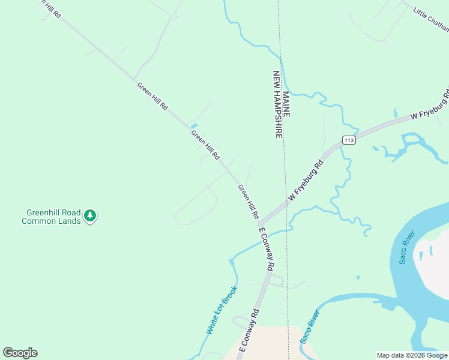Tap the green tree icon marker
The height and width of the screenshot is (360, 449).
[x=90, y=215]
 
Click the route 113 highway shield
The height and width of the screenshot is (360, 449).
[x=349, y=140]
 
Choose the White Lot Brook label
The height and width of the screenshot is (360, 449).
[x=221, y=310]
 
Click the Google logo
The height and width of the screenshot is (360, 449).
[x=20, y=353]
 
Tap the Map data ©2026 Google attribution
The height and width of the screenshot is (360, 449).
[x=412, y=355]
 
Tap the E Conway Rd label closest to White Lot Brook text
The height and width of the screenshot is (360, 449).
[x=249, y=331]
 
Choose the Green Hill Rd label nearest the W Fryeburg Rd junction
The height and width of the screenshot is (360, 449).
[x=249, y=202]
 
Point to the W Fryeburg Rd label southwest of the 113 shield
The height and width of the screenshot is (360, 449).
[x=306, y=179]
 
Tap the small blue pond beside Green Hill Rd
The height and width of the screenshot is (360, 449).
[x=194, y=125]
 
